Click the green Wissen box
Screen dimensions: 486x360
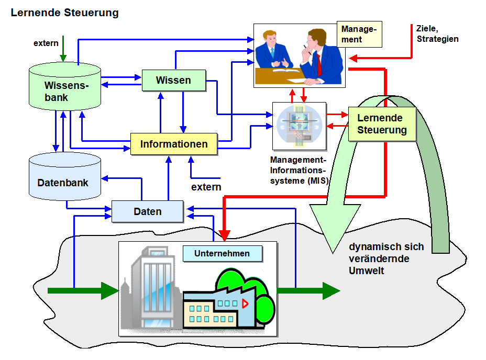pyautogui.click(x=174, y=80)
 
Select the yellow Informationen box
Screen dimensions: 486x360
pyautogui.click(x=174, y=144)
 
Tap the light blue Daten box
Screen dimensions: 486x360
pyautogui.click(x=148, y=211)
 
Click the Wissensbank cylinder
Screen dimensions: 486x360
pyautogui.click(x=65, y=86)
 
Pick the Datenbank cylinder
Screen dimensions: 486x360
pyautogui.click(x=65, y=176)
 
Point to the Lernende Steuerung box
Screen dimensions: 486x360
pyautogui.click(x=382, y=124)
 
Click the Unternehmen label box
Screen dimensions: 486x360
pyautogui.click(x=223, y=253)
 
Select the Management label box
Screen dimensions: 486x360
pyautogui.click(x=360, y=34)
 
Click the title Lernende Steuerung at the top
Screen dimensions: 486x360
pyautogui.click(x=65, y=13)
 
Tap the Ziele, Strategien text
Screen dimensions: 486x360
pyautogui.click(x=437, y=34)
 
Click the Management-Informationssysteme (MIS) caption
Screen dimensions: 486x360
pyautogui.click(x=299, y=170)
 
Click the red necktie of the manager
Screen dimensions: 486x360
pyautogui.click(x=319, y=64)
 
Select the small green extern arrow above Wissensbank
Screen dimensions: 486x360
pyautogui.click(x=63, y=49)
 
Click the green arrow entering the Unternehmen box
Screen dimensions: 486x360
pyautogui.click(x=83, y=290)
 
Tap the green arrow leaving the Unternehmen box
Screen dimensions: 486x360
pyautogui.click(x=308, y=290)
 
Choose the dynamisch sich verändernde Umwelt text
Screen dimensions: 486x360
pyautogui.click(x=386, y=258)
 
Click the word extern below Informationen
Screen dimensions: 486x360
pyautogui.click(x=206, y=187)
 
